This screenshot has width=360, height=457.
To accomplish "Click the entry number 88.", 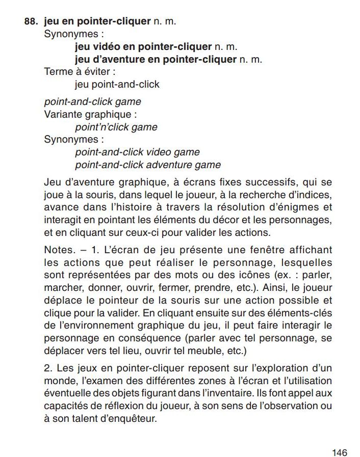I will point(32,21).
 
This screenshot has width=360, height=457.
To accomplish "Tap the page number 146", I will point(339,438).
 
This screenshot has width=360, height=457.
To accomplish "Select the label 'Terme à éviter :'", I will point(77,71).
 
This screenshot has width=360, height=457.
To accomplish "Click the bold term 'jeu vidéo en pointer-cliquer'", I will point(143,47).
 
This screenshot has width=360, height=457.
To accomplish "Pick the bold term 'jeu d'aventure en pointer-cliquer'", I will point(156,59).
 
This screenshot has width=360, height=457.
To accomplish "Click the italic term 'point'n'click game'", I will point(116,127).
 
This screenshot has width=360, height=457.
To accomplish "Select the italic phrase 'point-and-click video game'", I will point(137,152).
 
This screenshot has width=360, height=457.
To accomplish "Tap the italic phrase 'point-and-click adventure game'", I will point(148,165).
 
